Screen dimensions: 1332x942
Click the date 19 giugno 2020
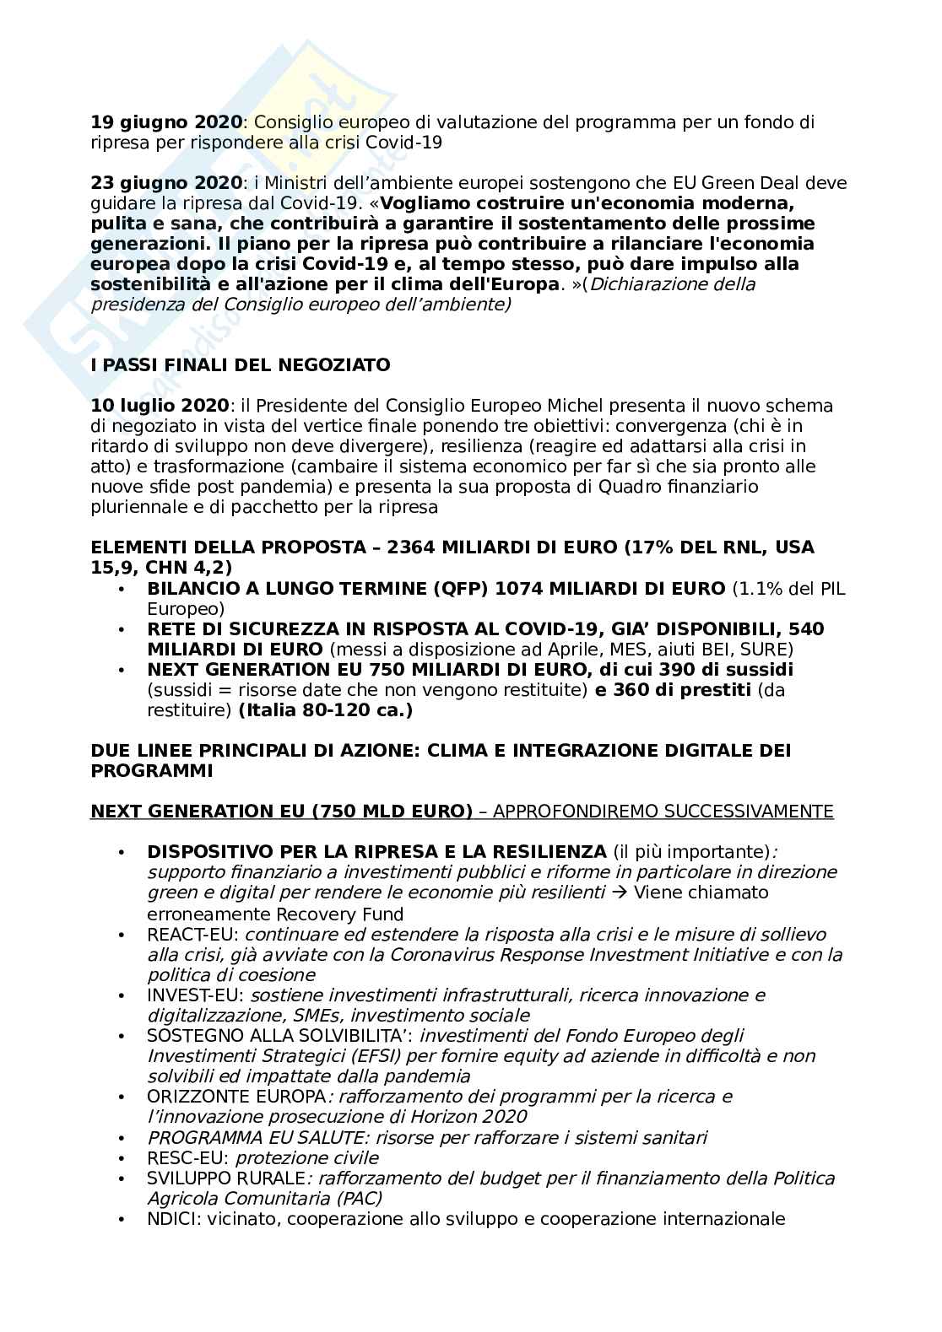166,122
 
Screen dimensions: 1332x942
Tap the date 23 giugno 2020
166,183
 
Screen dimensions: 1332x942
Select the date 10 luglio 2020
160,406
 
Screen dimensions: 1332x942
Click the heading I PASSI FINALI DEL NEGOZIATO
241,365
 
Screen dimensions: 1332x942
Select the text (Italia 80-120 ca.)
326,710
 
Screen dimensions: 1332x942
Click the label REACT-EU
193,935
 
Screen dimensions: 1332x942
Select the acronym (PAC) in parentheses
357,1198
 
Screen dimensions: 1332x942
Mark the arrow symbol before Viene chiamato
619,892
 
